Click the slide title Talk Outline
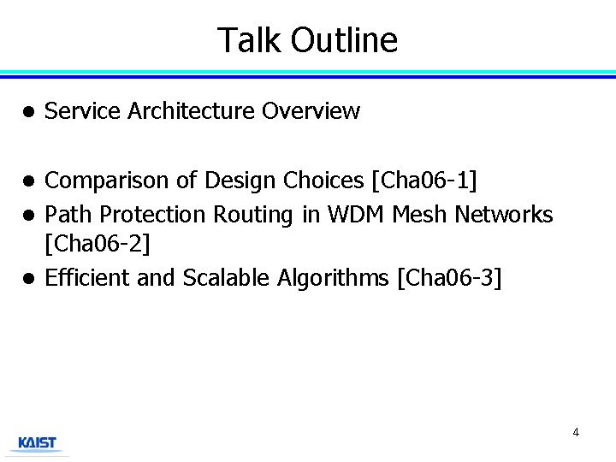pos(307,40)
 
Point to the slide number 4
pos(576,432)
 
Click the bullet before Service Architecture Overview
pos(28,112)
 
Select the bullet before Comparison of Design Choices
pos(28,181)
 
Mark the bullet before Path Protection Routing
pos(28,215)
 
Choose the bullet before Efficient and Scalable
pos(28,278)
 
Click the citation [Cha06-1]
pos(423,181)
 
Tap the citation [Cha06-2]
pos(97,245)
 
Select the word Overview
pos(311,111)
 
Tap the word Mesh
pos(420,214)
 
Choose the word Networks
pos(504,214)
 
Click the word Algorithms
pos(335,278)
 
